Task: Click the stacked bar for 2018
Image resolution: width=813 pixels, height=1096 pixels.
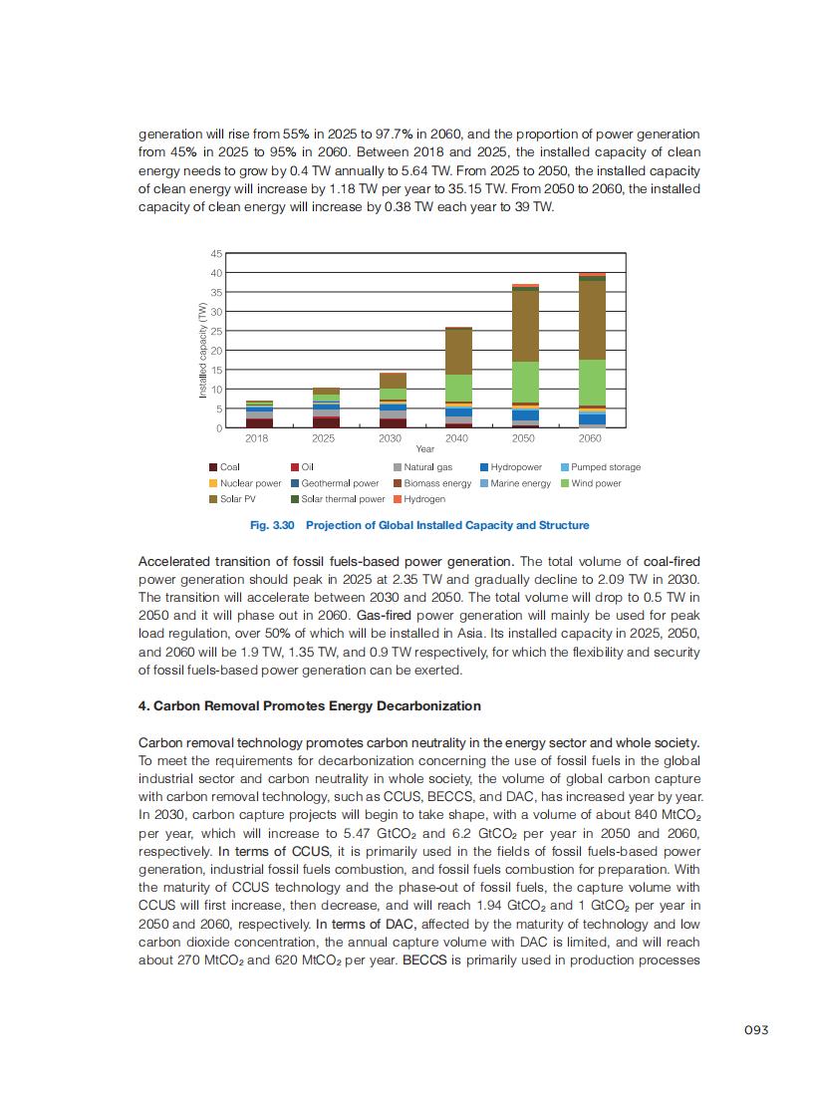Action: pos(259,414)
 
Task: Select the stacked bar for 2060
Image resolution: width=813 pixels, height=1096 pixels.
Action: pos(592,350)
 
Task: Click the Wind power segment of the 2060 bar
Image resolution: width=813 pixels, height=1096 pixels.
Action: pos(592,383)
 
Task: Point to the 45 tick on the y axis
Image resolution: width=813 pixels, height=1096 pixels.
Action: pos(216,254)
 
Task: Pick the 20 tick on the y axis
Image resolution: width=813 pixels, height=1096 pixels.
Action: pos(216,351)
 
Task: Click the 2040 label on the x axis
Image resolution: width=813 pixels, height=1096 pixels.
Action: pos(457,438)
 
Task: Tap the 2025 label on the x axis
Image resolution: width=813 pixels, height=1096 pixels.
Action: pos(324,438)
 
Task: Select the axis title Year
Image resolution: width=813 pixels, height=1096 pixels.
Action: pos(425,449)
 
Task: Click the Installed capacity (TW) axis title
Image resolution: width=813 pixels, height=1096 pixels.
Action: pos(202,350)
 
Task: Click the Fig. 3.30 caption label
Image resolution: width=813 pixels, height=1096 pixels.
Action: pos(269,525)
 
